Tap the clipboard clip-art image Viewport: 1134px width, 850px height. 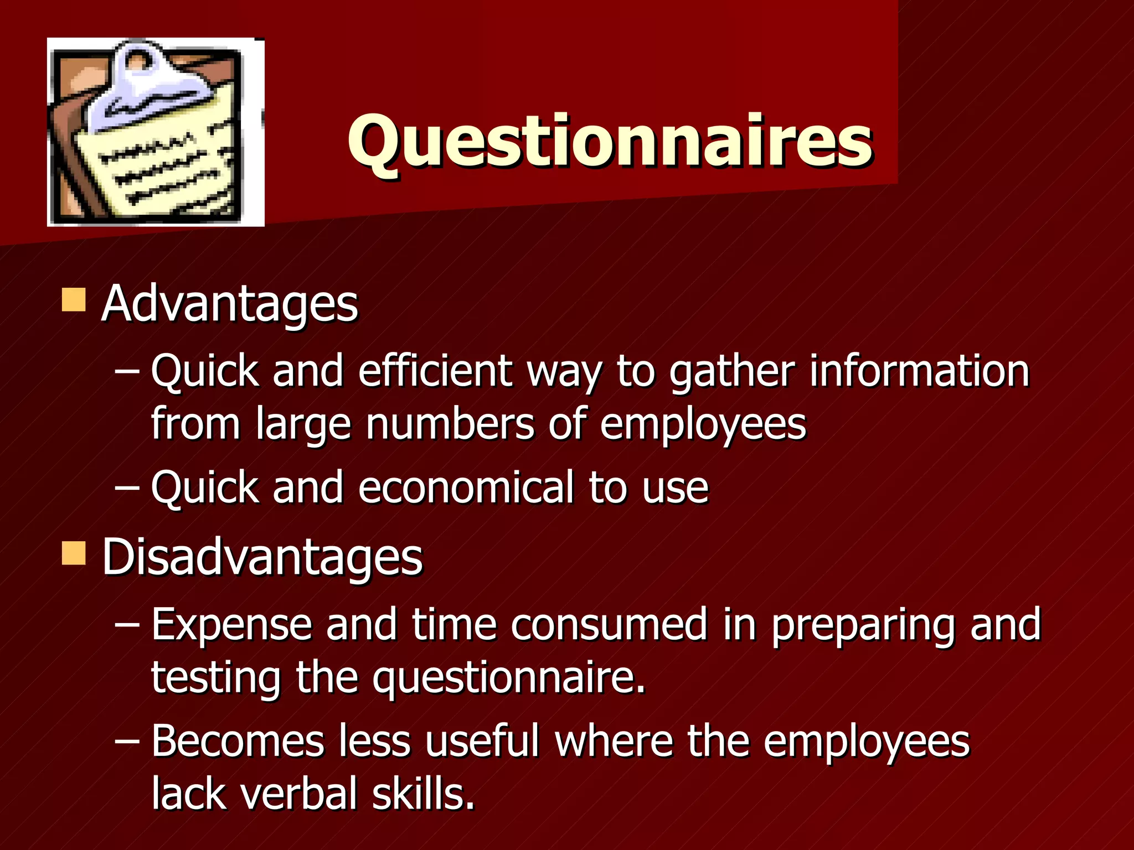click(156, 133)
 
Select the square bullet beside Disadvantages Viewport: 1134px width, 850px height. click(74, 553)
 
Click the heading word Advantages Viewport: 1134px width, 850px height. click(230, 304)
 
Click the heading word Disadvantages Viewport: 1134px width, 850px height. click(262, 557)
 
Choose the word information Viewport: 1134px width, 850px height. click(919, 370)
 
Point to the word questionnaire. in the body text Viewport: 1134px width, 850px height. click(509, 678)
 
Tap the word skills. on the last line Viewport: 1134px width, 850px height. click(423, 793)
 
